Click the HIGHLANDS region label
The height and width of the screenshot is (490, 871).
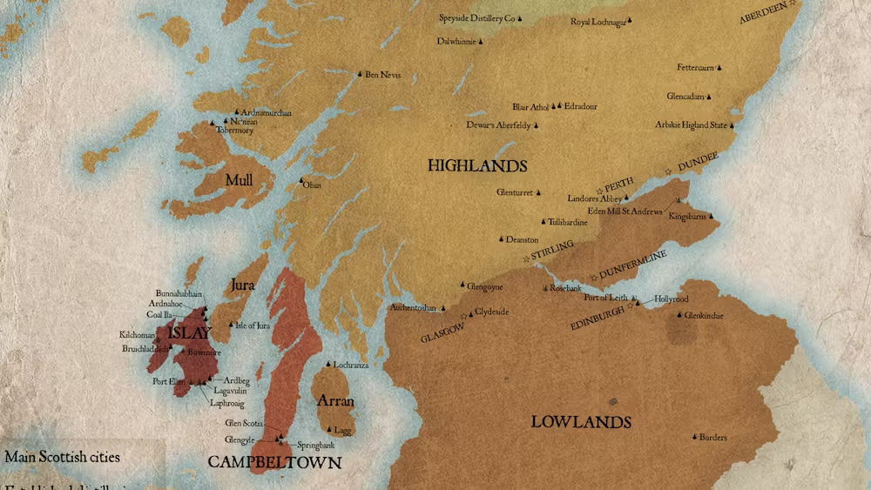[477, 165]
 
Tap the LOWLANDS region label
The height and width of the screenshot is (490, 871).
[581, 422]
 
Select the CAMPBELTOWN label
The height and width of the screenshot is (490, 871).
[274, 462]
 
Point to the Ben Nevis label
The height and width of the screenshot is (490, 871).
[382, 75]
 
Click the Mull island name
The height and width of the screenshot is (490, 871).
[239, 180]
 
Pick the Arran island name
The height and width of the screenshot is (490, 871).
[334, 401]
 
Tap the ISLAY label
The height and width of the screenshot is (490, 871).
[189, 333]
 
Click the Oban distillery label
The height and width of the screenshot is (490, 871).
[312, 185]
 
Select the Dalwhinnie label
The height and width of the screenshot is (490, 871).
[456, 41]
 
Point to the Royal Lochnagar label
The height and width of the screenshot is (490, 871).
[598, 22]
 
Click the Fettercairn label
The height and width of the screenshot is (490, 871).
[695, 68]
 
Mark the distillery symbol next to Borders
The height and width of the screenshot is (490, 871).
[694, 437]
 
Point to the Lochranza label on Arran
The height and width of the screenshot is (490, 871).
[351, 365]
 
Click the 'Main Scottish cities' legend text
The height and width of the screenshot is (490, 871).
[62, 457]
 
